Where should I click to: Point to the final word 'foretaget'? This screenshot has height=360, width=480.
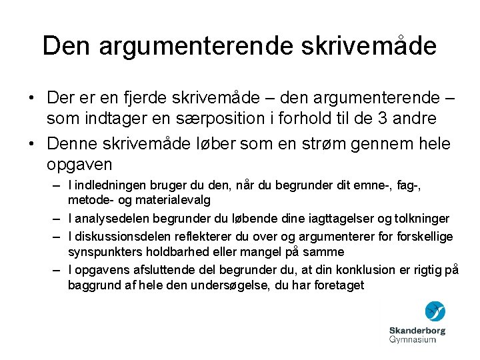pos(339,285)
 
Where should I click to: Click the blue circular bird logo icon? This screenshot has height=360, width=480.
pos(435,311)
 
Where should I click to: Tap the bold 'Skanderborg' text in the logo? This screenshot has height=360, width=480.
pos(417,330)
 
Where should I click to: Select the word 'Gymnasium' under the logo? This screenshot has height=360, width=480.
pos(413,339)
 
